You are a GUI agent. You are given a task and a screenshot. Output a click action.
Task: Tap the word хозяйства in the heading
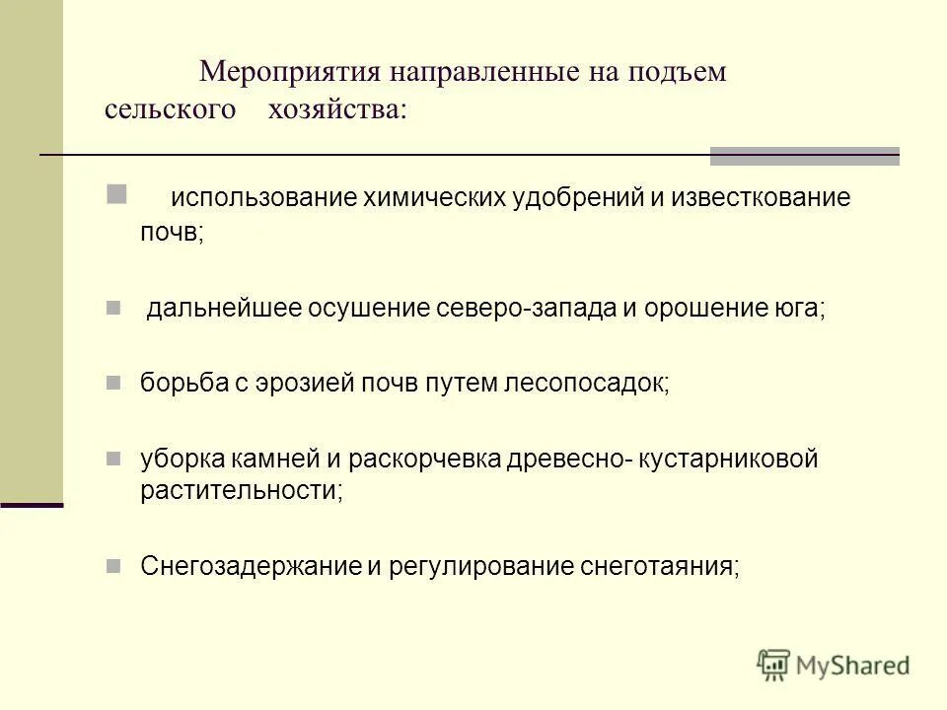[x=336, y=108]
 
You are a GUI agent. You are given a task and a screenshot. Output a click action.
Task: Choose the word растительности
[x=241, y=490]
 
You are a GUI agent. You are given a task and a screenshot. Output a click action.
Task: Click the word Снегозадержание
[x=241, y=566]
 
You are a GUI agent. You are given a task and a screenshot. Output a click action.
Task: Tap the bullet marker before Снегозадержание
[x=112, y=565]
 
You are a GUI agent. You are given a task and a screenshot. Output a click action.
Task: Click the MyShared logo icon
[x=774, y=665]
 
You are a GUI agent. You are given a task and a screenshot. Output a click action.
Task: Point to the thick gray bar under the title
[x=804, y=156]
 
